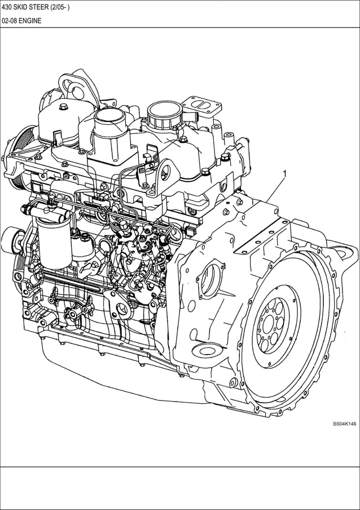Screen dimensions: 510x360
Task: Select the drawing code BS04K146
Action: point(344,424)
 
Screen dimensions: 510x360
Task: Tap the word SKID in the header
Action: point(24,7)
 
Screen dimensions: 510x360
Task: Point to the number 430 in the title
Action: point(7,7)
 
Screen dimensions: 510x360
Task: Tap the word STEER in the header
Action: point(44,7)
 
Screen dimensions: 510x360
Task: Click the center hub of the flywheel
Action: point(274,327)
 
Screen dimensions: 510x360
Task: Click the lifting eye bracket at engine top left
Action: point(72,87)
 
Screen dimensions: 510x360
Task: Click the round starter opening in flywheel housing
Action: point(211,280)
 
